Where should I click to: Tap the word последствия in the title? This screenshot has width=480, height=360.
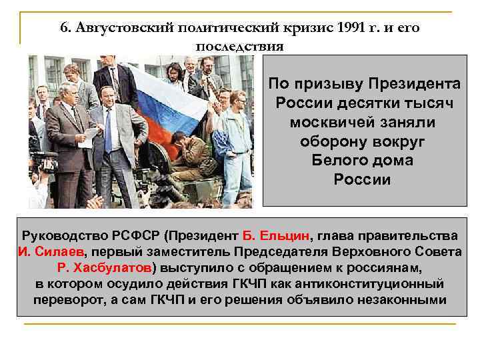[x=240, y=47]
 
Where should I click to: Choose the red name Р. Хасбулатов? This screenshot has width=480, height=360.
[x=106, y=268]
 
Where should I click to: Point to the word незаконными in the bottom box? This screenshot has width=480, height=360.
[x=402, y=300]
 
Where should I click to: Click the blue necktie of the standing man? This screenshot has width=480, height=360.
[x=108, y=133]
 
